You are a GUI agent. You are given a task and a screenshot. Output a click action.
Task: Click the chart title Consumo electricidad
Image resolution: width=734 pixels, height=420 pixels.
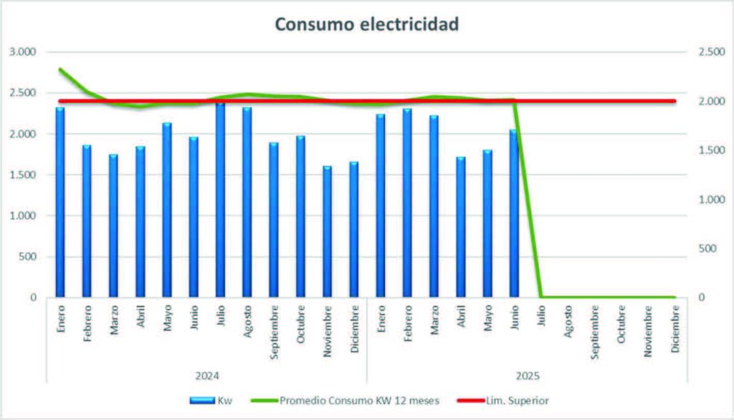366,24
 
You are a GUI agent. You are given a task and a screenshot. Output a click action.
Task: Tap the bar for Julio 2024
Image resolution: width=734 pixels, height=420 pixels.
220,200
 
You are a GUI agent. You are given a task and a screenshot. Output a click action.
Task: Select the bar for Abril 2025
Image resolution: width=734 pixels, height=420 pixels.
461,226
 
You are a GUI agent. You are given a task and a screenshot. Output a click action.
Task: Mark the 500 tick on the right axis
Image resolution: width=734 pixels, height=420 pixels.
704,248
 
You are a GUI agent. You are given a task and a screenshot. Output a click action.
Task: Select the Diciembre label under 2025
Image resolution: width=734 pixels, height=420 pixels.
675,328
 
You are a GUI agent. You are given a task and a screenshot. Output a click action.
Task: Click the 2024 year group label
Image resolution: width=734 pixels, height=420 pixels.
207,375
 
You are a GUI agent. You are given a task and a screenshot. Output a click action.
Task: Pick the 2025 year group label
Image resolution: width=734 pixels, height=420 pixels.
527,375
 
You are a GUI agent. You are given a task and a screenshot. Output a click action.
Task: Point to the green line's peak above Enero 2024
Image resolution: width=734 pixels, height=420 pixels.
60,69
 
